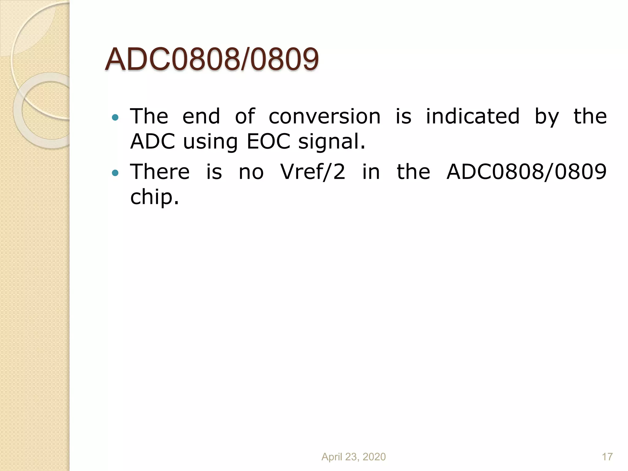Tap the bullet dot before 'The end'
[x=115, y=117]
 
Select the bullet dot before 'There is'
[x=115, y=173]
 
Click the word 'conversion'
[x=324, y=117]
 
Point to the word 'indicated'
[x=473, y=117]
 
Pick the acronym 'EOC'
[x=268, y=142]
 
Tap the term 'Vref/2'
[x=313, y=172]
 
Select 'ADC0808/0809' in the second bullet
[x=526, y=172]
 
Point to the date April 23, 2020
[x=353, y=457]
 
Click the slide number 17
[x=607, y=457]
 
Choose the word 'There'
[x=160, y=172]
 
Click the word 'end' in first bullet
[x=201, y=117]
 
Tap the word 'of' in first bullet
[x=245, y=117]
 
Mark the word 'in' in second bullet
[x=371, y=172]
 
